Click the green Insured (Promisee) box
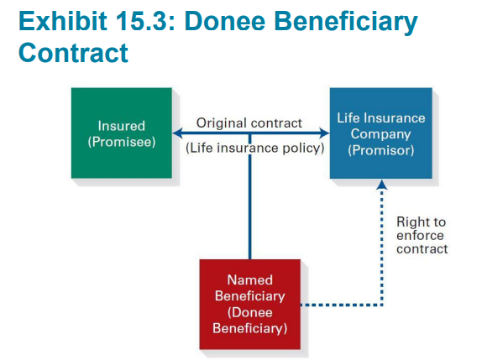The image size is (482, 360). [x=122, y=133]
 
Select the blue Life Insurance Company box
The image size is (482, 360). [x=381, y=133]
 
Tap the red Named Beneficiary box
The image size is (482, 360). [x=250, y=304]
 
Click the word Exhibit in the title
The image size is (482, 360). [x=63, y=21]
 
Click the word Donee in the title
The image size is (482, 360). [x=225, y=21]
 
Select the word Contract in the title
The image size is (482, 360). [x=73, y=53]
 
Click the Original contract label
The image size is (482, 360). [x=249, y=123]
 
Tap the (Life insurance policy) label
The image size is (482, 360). [x=254, y=148]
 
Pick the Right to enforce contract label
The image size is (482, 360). [x=422, y=235]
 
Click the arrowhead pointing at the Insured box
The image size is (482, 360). [x=178, y=133]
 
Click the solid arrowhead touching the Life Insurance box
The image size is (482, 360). [x=325, y=133]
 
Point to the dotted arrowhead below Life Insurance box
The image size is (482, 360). [x=382, y=185]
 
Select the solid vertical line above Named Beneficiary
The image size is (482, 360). [x=250, y=196]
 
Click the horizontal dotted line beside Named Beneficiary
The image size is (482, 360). [x=342, y=305]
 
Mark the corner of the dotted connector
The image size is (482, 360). [x=382, y=305]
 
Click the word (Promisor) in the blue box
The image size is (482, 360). [x=381, y=150]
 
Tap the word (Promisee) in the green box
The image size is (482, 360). [x=122, y=142]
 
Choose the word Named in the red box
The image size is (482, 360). [x=250, y=279]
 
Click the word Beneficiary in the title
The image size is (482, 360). [x=346, y=23]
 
